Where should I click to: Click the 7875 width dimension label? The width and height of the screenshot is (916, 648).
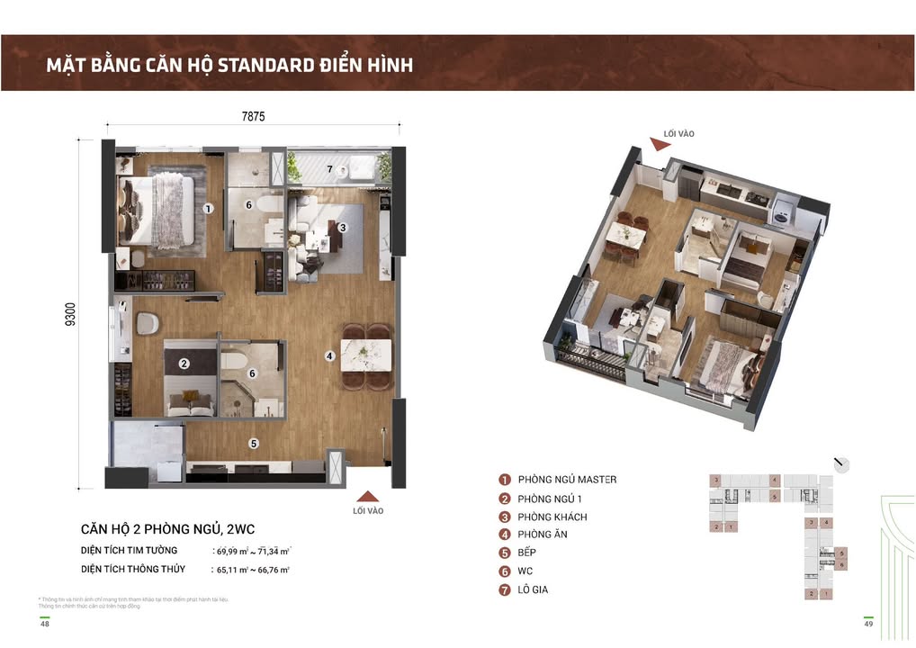tap(253, 116)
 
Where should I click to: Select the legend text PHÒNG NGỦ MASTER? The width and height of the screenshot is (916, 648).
tap(567, 480)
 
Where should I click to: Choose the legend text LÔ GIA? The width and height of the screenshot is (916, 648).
tap(534, 589)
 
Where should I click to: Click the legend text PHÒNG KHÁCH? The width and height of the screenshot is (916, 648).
tap(552, 517)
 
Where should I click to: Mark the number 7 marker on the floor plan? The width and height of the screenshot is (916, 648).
tap(330, 169)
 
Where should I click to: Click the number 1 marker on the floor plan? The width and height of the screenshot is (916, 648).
tap(208, 208)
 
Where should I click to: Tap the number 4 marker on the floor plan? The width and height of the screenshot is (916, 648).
tap(330, 356)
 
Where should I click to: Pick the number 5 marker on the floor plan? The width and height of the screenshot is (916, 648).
tap(255, 443)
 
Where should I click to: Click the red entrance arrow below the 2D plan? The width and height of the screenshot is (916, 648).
tap(367, 496)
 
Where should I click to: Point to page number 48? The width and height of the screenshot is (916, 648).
tap(45, 625)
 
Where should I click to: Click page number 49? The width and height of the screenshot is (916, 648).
tap(868, 625)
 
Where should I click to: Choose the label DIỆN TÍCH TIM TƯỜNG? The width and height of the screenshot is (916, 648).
tap(130, 550)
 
